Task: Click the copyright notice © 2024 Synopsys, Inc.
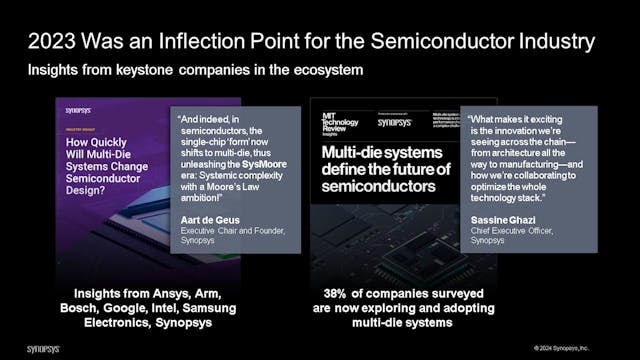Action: [x=577, y=349]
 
